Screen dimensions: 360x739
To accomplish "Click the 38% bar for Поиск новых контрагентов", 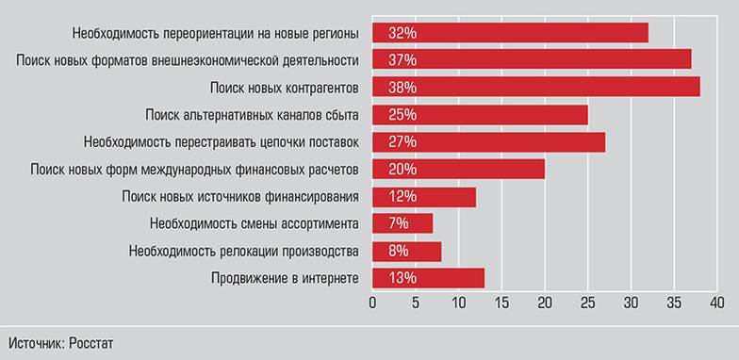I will click(x=536, y=88).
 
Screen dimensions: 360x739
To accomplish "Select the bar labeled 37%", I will click(x=533, y=60).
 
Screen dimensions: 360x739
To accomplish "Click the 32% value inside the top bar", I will click(x=396, y=33).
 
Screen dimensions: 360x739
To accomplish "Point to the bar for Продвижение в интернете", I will click(x=429, y=278).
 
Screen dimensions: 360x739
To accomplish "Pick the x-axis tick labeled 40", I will click(x=716, y=303).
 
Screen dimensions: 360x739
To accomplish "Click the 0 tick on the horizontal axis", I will click(x=373, y=303).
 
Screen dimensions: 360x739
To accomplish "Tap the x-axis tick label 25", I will click(x=588, y=303).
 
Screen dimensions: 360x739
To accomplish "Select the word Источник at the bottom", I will click(x=38, y=342).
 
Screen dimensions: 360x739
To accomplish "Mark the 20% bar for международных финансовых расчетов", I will click(x=459, y=170).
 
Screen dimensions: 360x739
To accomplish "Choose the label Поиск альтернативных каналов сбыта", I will click(x=252, y=115).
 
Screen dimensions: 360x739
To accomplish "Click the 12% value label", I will click(x=396, y=197).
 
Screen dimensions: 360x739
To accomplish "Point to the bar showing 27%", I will click(x=489, y=142).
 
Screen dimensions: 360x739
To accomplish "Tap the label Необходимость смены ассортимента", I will click(x=254, y=224).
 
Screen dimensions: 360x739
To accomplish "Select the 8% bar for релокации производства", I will click(x=407, y=252).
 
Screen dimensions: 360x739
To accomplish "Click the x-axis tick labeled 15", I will click(x=501, y=303).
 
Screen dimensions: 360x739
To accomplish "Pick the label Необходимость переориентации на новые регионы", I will click(x=215, y=34).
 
